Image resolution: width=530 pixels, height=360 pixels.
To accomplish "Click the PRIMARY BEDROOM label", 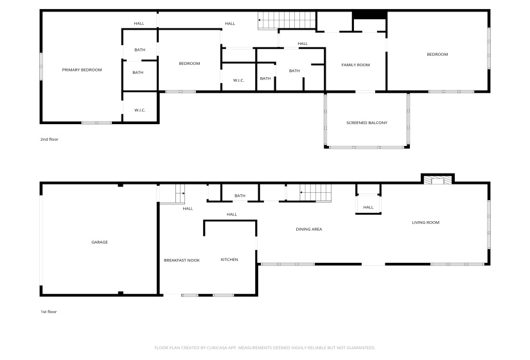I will point(82,69).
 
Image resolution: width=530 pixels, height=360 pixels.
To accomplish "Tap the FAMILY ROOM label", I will point(355,65).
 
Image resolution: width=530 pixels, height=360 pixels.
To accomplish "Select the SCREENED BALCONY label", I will point(367,123).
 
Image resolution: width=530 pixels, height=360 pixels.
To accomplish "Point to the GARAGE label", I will point(99,242).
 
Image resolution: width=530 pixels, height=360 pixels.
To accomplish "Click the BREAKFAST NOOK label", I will point(182,260).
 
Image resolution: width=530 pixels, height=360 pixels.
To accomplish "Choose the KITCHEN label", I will point(229,260).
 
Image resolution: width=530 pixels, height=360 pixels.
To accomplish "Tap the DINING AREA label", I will point(308,229).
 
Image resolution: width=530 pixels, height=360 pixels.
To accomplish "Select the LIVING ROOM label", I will point(425,222).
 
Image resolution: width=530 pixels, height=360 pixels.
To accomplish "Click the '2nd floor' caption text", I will point(49,139).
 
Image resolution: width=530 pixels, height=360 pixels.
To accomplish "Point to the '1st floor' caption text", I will point(49,312).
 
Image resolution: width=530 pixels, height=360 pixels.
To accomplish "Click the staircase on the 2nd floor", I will point(285,21).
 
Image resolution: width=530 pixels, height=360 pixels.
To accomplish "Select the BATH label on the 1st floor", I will point(240,196).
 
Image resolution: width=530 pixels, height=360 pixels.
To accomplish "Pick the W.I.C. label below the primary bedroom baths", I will point(140,110).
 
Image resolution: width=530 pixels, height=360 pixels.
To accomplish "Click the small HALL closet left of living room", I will point(368,207).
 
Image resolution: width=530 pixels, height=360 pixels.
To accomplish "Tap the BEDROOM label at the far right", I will point(437,55).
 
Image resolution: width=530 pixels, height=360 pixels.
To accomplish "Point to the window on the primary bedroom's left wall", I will point(42,66).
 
